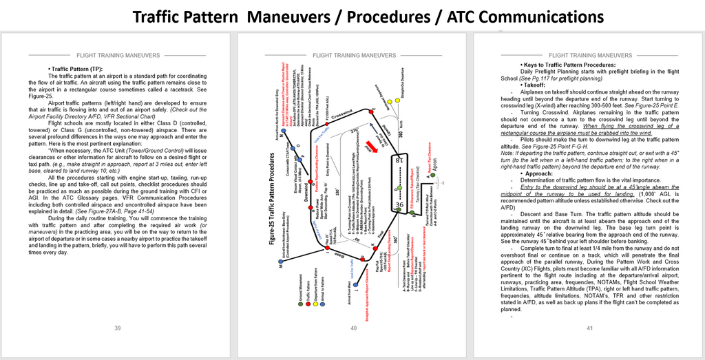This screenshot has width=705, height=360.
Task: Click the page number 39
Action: [x=118, y=328]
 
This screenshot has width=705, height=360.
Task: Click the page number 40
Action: [x=353, y=328]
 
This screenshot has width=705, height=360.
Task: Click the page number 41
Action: [x=589, y=328]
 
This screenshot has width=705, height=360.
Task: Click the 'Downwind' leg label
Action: [x=306, y=197]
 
